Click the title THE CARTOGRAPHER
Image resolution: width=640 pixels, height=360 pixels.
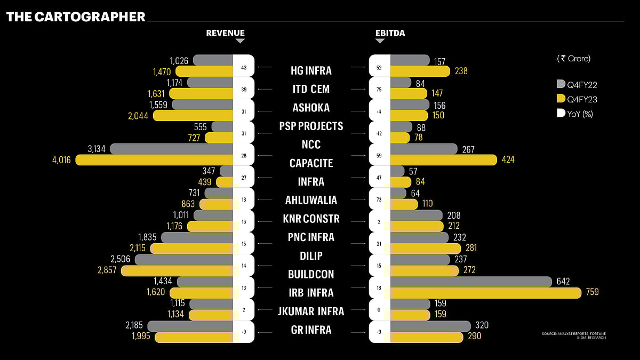(x=76, y=17)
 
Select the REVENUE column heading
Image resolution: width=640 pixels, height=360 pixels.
(x=225, y=33)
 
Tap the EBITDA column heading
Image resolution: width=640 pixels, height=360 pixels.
(x=390, y=33)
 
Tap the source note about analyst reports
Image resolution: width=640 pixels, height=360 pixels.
(x=573, y=336)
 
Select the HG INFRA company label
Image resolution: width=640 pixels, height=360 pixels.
(x=311, y=70)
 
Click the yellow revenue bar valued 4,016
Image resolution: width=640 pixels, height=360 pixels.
(x=155, y=159)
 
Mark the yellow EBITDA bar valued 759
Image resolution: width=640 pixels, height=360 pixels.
(x=485, y=293)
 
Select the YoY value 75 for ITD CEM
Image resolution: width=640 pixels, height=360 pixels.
(x=379, y=90)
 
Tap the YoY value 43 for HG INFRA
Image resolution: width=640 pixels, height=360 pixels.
(x=244, y=68)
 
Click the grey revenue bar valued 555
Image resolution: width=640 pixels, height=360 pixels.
(x=223, y=127)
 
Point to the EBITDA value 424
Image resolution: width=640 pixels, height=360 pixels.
(x=508, y=159)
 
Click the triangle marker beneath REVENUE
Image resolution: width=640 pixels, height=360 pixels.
(x=240, y=41)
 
